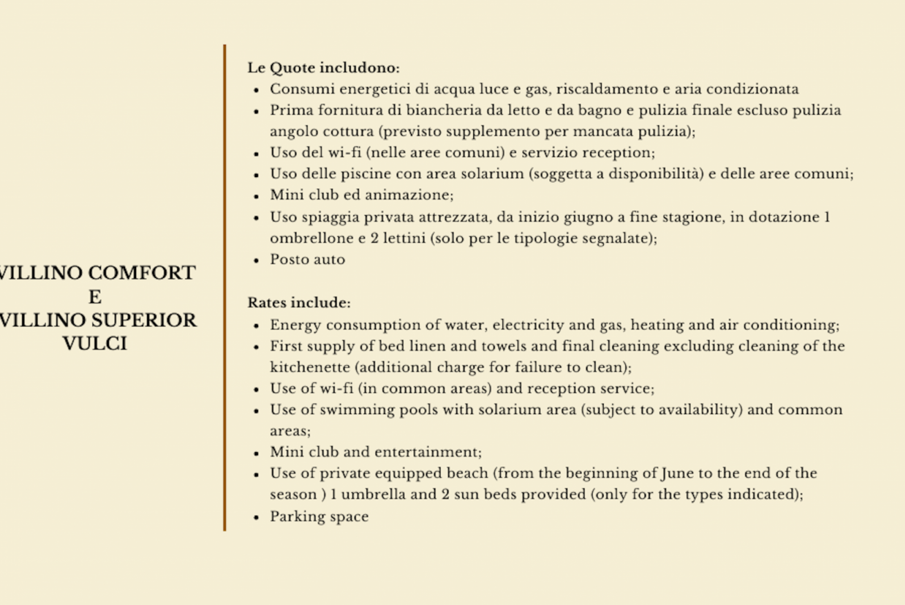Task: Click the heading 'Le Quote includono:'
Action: pyautogui.click(x=323, y=68)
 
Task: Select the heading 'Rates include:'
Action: pyautogui.click(x=299, y=303)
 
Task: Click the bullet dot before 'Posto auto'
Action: pyautogui.click(x=256, y=261)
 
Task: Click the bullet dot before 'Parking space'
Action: pyautogui.click(x=256, y=517)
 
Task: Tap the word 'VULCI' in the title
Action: pyautogui.click(x=95, y=344)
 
